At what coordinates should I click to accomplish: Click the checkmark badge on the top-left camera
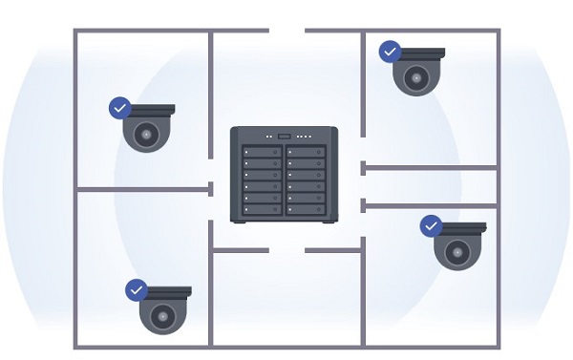119,108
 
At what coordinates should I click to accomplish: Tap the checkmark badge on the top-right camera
390,52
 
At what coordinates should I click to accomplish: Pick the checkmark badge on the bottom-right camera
431,226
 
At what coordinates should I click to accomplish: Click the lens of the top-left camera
146,137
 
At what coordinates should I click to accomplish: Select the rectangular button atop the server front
284,137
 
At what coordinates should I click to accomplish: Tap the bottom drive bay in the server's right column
306,209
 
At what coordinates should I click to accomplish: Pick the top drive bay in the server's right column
306,152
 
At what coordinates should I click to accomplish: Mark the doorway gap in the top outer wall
286,31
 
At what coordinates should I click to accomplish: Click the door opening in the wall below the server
286,250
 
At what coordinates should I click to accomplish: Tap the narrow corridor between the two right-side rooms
430,186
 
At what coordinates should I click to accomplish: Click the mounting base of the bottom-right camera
461,228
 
